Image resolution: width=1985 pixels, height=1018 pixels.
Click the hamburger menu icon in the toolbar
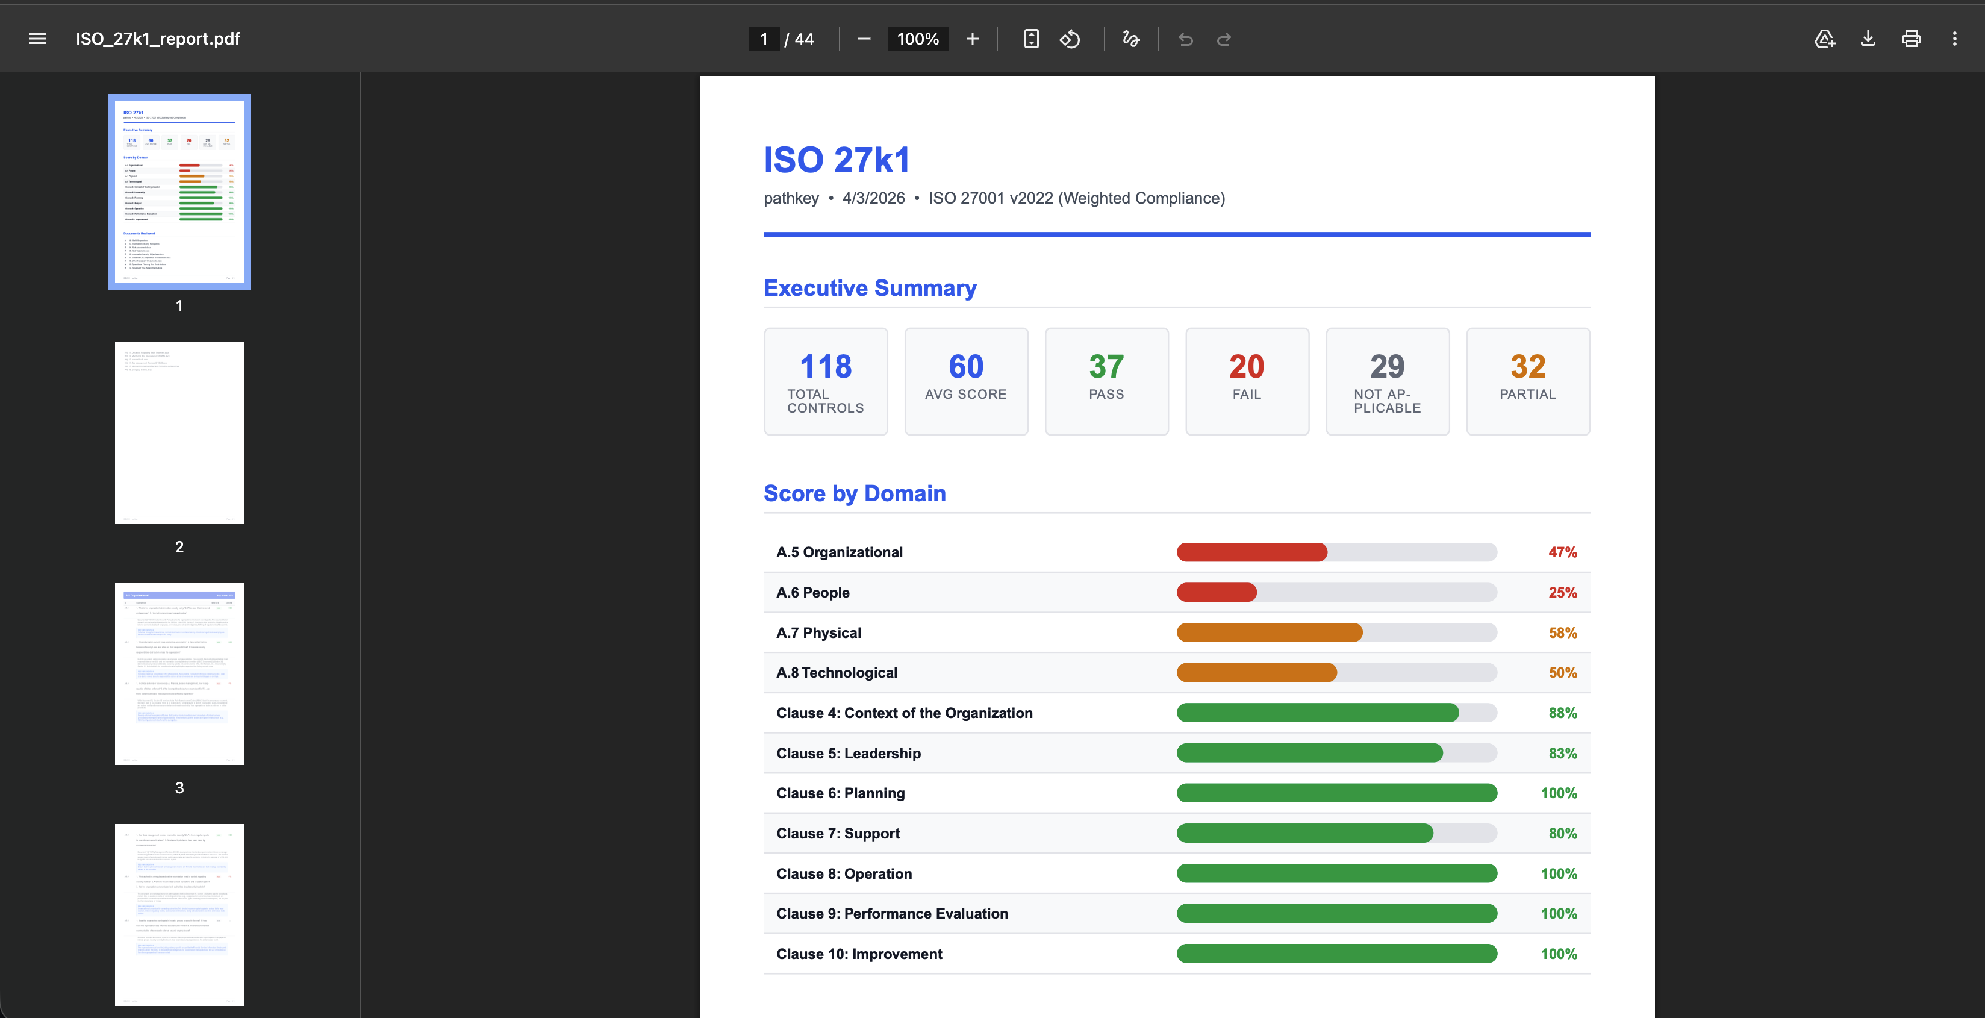point(37,39)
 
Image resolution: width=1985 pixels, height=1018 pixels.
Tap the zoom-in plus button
point(973,39)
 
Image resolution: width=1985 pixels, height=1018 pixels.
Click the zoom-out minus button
point(864,39)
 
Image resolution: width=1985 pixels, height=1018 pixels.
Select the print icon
point(1911,39)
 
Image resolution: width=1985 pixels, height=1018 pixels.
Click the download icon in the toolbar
point(1868,39)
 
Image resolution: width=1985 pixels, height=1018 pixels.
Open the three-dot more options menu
point(1954,39)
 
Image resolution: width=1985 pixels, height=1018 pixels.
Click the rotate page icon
point(1070,39)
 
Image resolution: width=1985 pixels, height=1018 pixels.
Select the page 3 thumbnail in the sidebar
point(179,673)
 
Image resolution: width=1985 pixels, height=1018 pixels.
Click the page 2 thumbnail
point(179,433)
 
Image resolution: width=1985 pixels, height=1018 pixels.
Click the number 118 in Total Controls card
point(825,366)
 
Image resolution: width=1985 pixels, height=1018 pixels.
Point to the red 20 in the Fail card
point(1246,366)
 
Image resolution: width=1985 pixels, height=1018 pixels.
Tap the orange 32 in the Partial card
point(1527,366)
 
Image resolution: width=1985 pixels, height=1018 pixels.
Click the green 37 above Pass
point(1106,366)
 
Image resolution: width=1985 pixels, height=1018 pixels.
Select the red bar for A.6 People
point(1216,592)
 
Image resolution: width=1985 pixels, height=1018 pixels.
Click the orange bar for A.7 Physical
point(1269,632)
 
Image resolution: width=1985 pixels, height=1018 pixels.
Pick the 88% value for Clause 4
point(1562,713)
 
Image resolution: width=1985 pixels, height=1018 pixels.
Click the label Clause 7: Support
point(838,833)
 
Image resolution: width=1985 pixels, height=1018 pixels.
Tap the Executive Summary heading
point(869,287)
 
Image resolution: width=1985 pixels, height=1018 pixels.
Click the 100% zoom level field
point(917,39)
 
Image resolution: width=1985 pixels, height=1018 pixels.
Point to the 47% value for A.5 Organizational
point(1562,552)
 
